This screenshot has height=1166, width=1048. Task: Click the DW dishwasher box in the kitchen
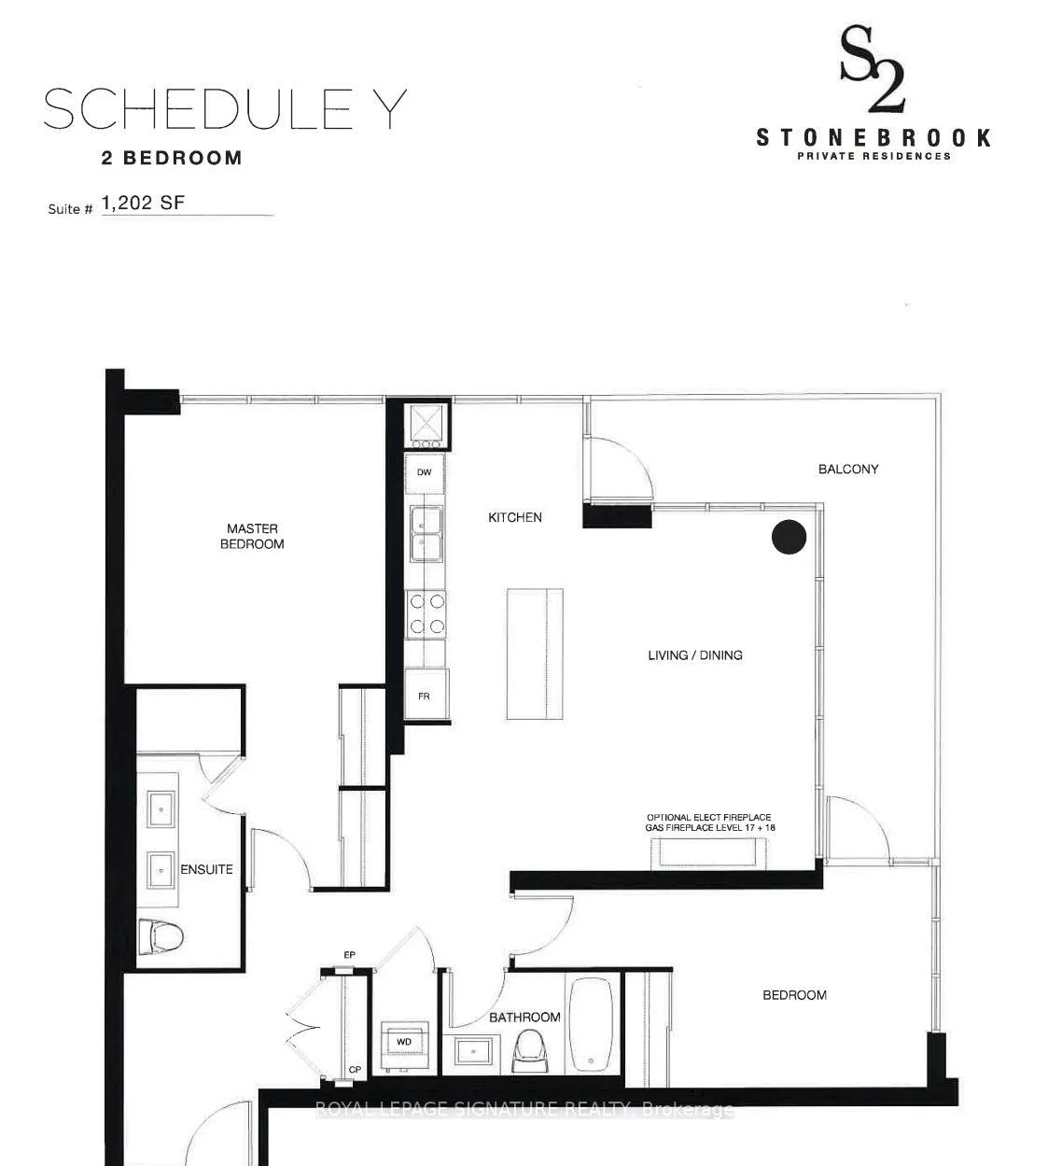tap(425, 473)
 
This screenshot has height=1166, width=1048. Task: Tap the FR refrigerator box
tap(425, 695)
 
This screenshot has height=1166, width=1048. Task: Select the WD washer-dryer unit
tap(404, 1042)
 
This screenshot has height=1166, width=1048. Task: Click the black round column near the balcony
tap(789, 537)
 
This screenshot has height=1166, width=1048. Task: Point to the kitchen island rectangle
tap(535, 653)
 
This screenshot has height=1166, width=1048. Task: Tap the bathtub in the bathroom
tap(591, 1024)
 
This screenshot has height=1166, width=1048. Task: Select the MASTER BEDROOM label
tap(252, 536)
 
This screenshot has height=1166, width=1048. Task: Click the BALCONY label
tap(848, 469)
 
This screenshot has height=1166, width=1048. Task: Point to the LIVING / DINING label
tap(695, 655)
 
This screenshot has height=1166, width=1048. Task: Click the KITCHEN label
tap(515, 517)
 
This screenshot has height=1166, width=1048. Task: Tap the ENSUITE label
tap(206, 869)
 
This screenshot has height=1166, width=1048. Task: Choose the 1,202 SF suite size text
tap(143, 203)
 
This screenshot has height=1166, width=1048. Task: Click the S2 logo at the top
tap(872, 70)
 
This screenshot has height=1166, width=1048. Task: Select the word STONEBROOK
tap(873, 138)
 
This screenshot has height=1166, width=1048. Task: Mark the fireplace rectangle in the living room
tap(709, 853)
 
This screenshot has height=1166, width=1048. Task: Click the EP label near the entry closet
tap(350, 955)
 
